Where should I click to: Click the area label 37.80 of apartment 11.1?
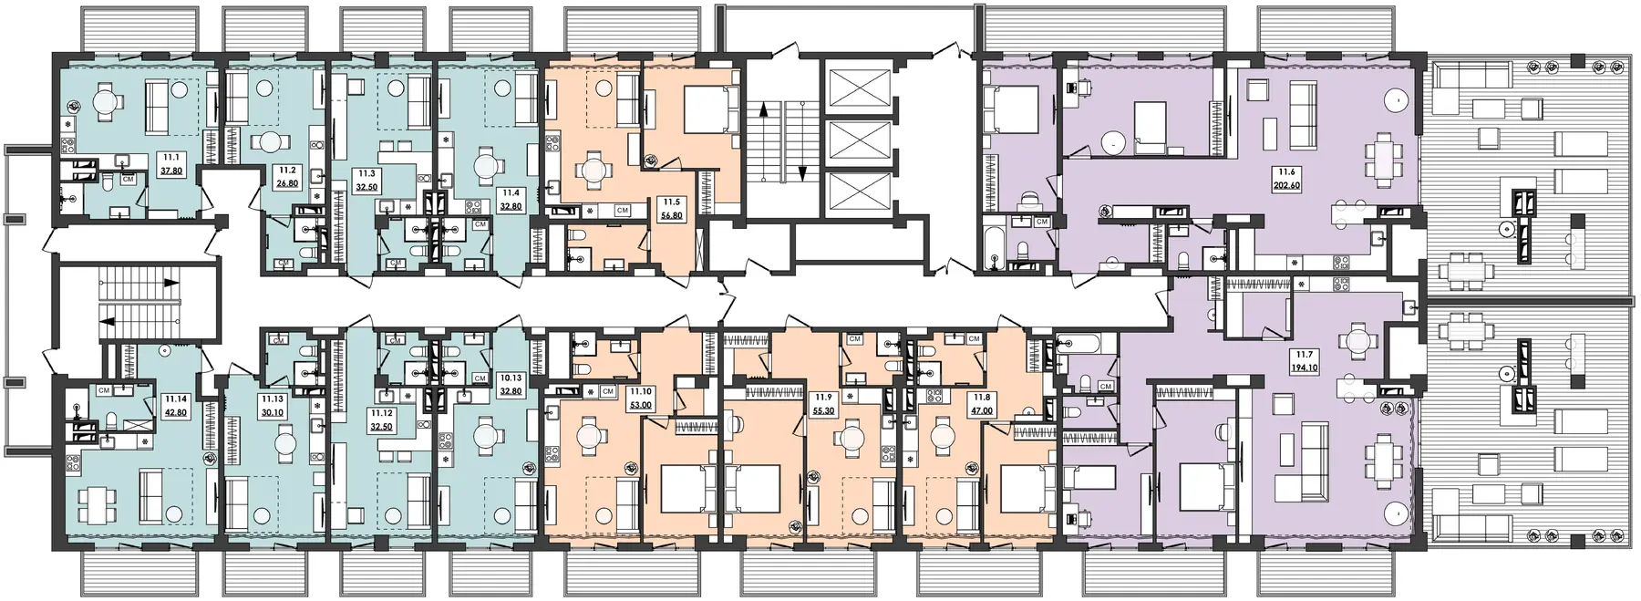coord(170,169)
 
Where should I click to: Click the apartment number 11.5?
coord(670,202)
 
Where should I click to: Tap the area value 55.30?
coord(824,412)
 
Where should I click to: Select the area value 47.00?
coord(981,412)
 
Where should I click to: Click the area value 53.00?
coord(641,406)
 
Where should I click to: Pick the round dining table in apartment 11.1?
coord(106,103)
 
